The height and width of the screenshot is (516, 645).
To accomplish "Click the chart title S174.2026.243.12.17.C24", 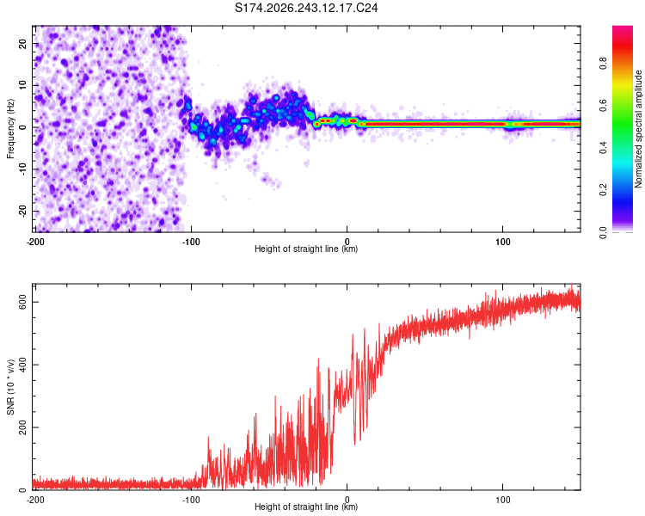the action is point(306,8).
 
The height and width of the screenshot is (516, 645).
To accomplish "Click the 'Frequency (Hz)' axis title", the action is point(10,129).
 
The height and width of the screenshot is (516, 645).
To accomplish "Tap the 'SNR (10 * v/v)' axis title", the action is point(10,387).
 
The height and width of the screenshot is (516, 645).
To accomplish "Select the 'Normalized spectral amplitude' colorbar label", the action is point(638,129).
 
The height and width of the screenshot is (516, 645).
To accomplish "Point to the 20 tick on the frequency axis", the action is point(23,43).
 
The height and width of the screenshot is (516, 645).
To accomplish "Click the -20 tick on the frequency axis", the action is point(23,211).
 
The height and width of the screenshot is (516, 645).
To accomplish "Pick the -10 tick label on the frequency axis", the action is point(23,169).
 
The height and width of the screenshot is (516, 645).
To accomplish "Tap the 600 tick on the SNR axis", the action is point(23,302).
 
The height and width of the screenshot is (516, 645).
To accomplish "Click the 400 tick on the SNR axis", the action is point(23,365).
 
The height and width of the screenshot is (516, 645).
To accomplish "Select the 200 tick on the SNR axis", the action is point(23,427).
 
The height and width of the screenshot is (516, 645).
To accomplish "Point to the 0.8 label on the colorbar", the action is point(603,64).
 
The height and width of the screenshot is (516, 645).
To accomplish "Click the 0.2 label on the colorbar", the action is point(603,190).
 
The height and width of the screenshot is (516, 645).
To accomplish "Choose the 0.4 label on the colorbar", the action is point(603,148).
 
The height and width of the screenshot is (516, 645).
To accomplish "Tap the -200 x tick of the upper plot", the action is point(35,242).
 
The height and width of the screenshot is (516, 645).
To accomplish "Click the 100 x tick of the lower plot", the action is point(503,500).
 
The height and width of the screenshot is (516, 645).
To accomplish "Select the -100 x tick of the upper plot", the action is point(191,242).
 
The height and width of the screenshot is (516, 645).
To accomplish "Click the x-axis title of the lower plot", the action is point(306,507).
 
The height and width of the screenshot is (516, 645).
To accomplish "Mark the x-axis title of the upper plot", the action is point(306,249).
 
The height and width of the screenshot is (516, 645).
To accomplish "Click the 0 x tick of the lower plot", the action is point(347,500).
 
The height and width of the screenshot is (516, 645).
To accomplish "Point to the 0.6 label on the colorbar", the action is point(603,106).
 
